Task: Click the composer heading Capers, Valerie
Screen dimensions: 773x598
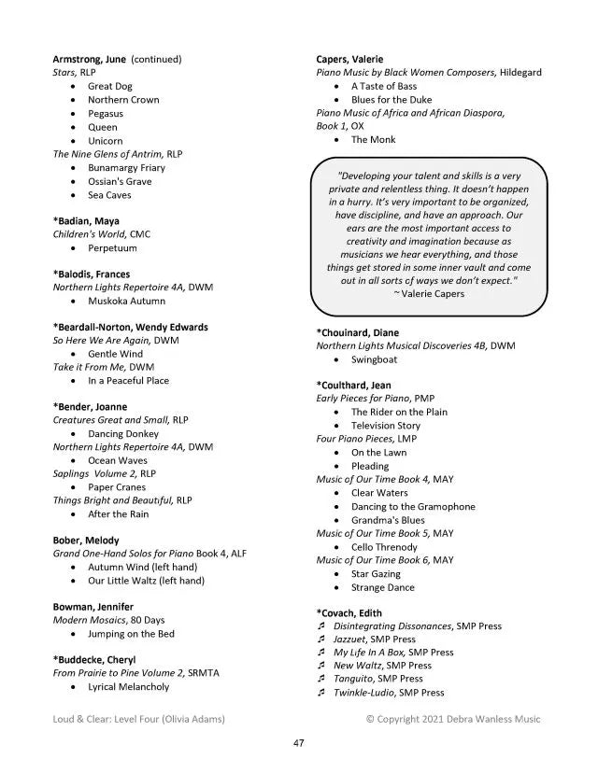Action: click(349, 59)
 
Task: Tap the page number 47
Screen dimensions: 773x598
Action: click(299, 743)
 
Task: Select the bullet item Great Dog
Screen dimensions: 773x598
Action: click(110, 86)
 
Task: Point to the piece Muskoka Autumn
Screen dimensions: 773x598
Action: click(126, 301)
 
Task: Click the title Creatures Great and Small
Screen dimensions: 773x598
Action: click(110, 420)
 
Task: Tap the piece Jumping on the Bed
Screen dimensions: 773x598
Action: click(131, 634)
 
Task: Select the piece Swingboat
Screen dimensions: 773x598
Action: click(374, 359)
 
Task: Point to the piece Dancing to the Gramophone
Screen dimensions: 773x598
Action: click(413, 507)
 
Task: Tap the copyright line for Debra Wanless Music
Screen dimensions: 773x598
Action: click(453, 719)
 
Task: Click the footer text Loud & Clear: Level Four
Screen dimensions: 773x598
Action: click(139, 719)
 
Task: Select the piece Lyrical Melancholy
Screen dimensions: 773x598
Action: click(129, 686)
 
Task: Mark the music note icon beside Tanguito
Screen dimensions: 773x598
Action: click(320, 679)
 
